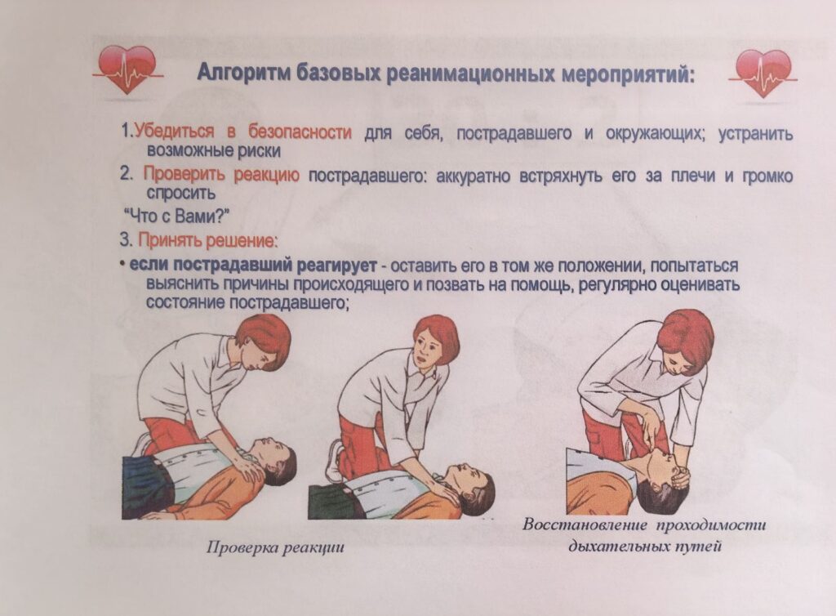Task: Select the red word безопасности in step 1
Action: tap(300, 132)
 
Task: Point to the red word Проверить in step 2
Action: tap(184, 175)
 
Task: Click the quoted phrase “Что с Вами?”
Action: tap(176, 216)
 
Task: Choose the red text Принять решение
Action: tap(207, 240)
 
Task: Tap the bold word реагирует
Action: tap(336, 265)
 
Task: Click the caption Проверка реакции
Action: tap(275, 547)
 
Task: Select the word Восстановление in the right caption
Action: tap(585, 524)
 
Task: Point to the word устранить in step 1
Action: tap(755, 133)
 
